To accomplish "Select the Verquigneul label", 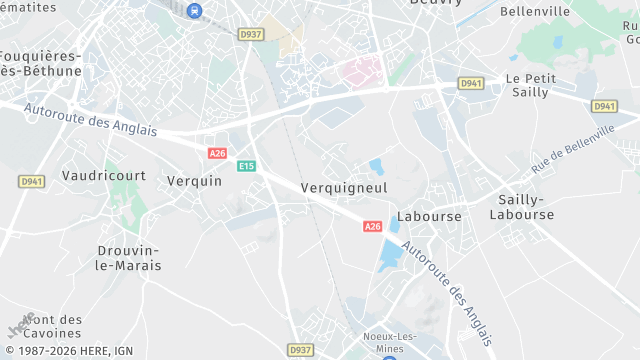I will [x=344, y=187].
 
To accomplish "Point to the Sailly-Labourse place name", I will [x=521, y=207].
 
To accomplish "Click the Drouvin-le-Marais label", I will [x=129, y=257].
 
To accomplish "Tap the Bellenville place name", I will [x=534, y=11].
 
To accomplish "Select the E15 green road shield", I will [x=246, y=166].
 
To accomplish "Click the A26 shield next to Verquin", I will [x=217, y=153].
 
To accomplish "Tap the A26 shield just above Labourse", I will [x=372, y=227].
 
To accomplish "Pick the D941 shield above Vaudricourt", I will [x=30, y=181].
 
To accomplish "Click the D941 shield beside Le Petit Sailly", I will [x=471, y=83].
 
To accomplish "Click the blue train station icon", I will [x=194, y=11].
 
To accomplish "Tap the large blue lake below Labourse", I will [x=389, y=255].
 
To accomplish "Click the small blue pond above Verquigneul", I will [x=377, y=166].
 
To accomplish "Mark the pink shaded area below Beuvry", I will [x=363, y=70].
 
